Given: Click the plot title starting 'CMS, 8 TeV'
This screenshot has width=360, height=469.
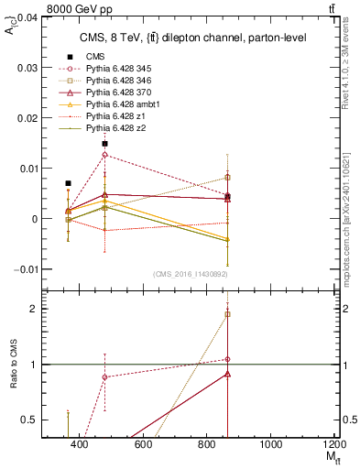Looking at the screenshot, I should click(x=179, y=38).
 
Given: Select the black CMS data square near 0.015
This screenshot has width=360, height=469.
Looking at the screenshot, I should click(x=105, y=144).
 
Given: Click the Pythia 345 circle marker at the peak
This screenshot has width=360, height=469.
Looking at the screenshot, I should click(x=105, y=155).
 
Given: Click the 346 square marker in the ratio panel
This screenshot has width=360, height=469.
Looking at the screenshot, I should click(x=227, y=314).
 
